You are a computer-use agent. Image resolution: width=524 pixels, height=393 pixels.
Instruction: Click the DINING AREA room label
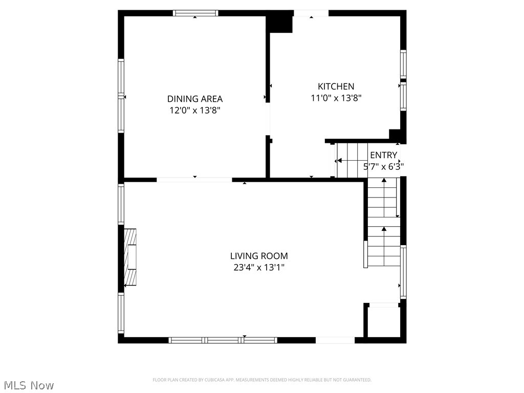coord(195,99)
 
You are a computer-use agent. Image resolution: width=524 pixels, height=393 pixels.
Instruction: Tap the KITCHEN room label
coord(336,86)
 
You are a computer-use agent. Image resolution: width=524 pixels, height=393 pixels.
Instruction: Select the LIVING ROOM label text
coord(259,256)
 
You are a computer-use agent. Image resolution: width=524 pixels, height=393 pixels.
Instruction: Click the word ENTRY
coord(383,155)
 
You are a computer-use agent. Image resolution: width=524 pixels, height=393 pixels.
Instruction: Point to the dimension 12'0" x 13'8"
coord(195,110)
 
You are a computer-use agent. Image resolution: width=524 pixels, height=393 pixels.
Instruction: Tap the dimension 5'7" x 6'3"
coord(383,166)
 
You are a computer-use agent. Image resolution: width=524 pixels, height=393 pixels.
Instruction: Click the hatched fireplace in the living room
coord(131,257)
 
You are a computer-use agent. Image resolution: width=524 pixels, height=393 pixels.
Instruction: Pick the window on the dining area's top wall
coord(195,13)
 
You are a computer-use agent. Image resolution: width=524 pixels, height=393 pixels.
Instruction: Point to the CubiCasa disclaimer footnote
coord(262,380)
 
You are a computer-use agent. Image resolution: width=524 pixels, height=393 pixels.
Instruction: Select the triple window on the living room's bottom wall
coord(223,340)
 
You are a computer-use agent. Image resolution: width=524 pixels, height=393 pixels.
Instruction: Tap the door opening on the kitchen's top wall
coord(311,13)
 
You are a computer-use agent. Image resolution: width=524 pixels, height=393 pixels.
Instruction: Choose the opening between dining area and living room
coord(194,180)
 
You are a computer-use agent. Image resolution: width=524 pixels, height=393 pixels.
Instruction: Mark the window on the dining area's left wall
coord(121,96)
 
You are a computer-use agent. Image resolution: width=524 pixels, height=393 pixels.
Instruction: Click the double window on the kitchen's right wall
coord(403,80)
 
